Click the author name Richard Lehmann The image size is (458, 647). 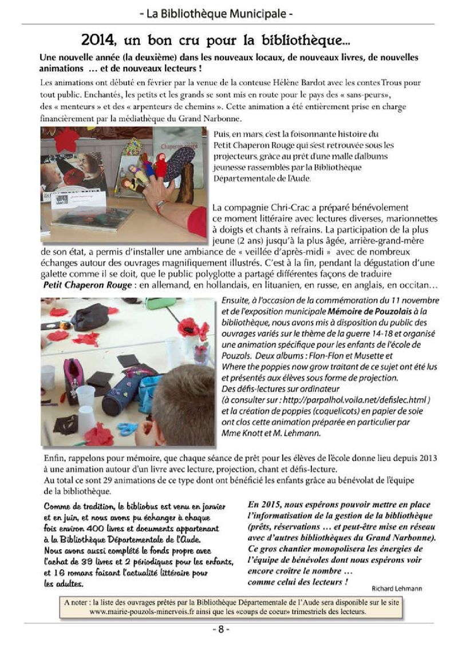point(397,589)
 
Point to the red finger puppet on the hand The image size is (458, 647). point(161,166)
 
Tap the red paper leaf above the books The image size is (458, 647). point(67,140)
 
